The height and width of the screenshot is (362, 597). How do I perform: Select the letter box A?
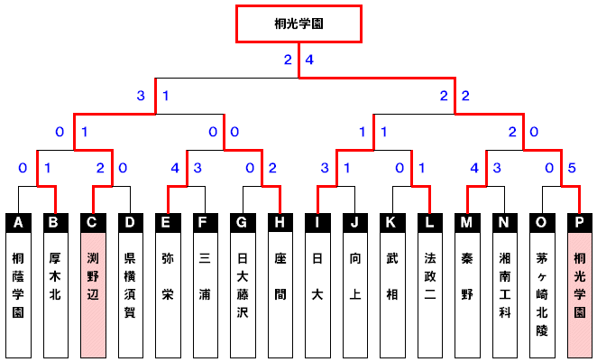point(18,221)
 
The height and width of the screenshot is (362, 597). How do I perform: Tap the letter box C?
point(93,221)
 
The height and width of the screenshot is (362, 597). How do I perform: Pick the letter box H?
point(280,221)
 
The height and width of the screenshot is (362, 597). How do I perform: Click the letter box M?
point(468,221)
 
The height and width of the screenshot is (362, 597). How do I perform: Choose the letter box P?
point(580,221)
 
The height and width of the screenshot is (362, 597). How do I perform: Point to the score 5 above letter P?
point(572,167)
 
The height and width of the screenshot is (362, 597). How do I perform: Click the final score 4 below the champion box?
point(309,60)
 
